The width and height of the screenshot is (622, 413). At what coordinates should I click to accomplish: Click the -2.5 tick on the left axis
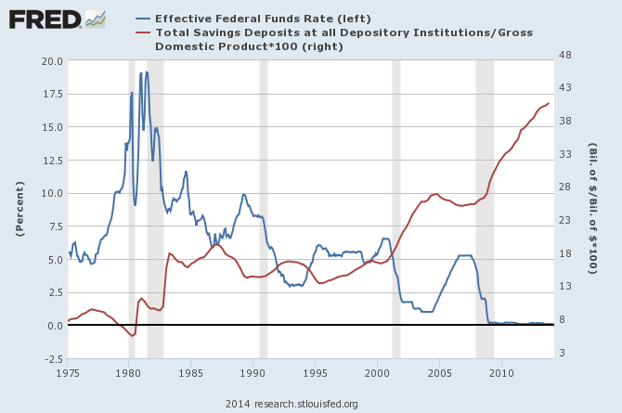[x=51, y=359]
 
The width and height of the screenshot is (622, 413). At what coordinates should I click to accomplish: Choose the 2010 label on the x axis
[x=501, y=373]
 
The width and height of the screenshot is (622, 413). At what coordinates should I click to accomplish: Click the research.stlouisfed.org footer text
[x=292, y=404]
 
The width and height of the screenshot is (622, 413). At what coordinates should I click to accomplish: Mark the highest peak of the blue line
[x=146, y=71]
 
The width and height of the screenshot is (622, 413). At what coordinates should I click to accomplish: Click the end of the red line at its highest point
[x=549, y=103]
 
